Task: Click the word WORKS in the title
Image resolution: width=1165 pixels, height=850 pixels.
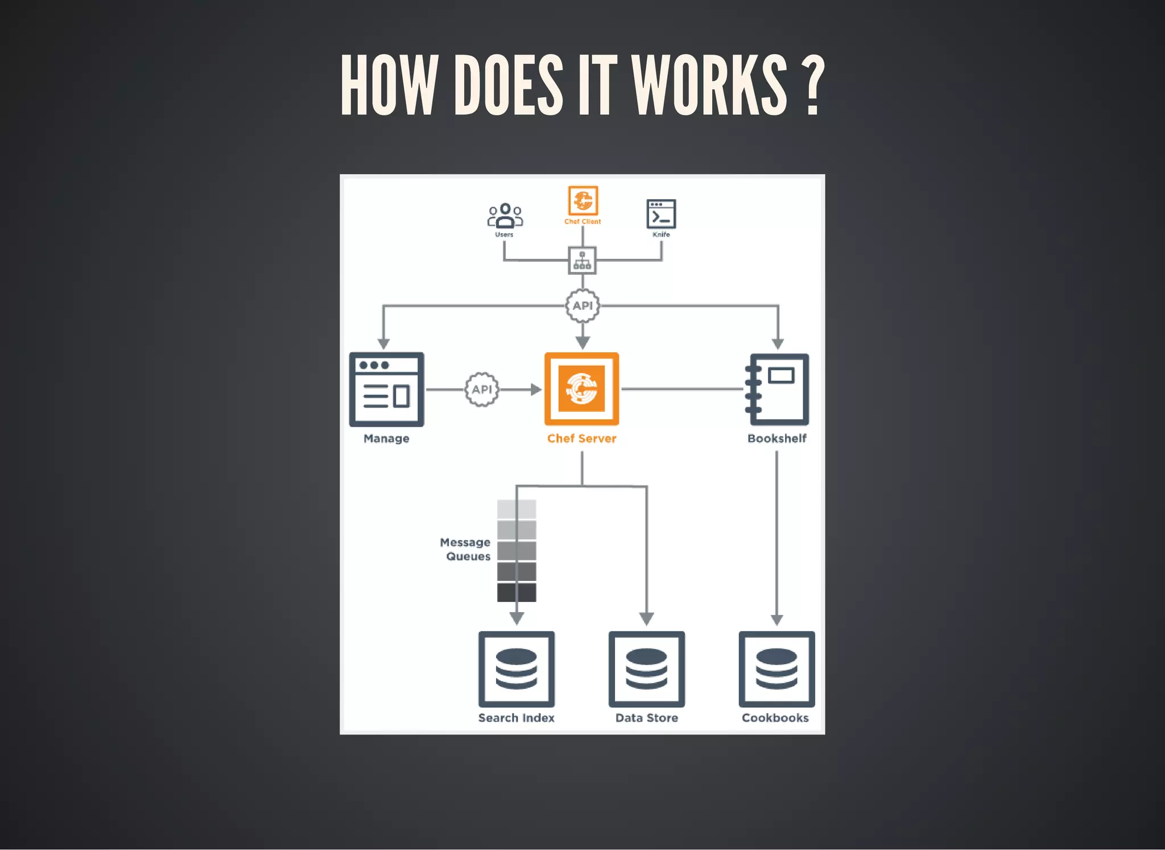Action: point(709,85)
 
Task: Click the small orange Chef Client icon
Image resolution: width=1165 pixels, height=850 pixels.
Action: point(582,201)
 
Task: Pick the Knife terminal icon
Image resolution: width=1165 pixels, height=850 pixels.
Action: point(661,214)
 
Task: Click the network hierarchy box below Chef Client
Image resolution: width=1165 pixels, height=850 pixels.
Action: point(582,261)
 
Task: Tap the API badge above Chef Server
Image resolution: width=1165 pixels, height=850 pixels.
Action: point(582,306)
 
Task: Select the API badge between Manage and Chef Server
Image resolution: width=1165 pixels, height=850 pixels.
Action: point(482,389)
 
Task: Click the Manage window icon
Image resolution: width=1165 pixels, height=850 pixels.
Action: point(386,389)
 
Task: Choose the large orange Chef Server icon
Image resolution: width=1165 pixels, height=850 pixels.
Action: point(581,389)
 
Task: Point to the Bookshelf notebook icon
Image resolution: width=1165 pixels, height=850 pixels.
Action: point(777,389)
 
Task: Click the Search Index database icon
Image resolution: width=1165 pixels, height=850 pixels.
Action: point(517,669)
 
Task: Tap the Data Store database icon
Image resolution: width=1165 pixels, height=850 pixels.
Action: point(647,669)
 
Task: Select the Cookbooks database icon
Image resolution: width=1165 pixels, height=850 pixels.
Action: point(776,669)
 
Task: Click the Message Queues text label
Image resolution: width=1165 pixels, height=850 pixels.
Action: point(466,549)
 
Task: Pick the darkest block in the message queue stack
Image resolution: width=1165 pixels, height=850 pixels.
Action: point(517,592)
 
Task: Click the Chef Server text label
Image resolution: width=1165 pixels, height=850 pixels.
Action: point(581,439)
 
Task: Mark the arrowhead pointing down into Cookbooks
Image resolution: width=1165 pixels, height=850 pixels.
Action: point(776,620)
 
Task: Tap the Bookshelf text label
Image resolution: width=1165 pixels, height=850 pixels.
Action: point(776,439)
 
